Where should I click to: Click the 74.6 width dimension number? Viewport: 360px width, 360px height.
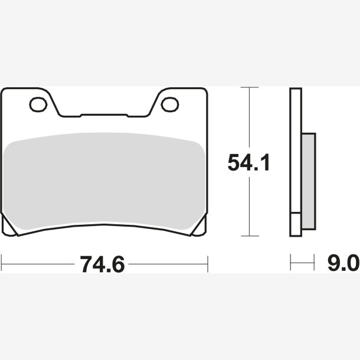[x=102, y=264]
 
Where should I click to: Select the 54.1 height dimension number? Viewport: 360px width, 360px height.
[x=249, y=162]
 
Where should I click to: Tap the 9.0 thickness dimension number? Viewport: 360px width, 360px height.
[x=343, y=264]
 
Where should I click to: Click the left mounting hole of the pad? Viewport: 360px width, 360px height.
[x=38, y=104]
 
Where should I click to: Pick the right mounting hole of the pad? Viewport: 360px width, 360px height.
[x=170, y=104]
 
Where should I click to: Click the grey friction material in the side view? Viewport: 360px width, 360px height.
[x=309, y=181]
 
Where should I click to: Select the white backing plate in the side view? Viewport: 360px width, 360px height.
[x=296, y=150]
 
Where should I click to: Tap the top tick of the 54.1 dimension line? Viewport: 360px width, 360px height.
[x=249, y=87]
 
